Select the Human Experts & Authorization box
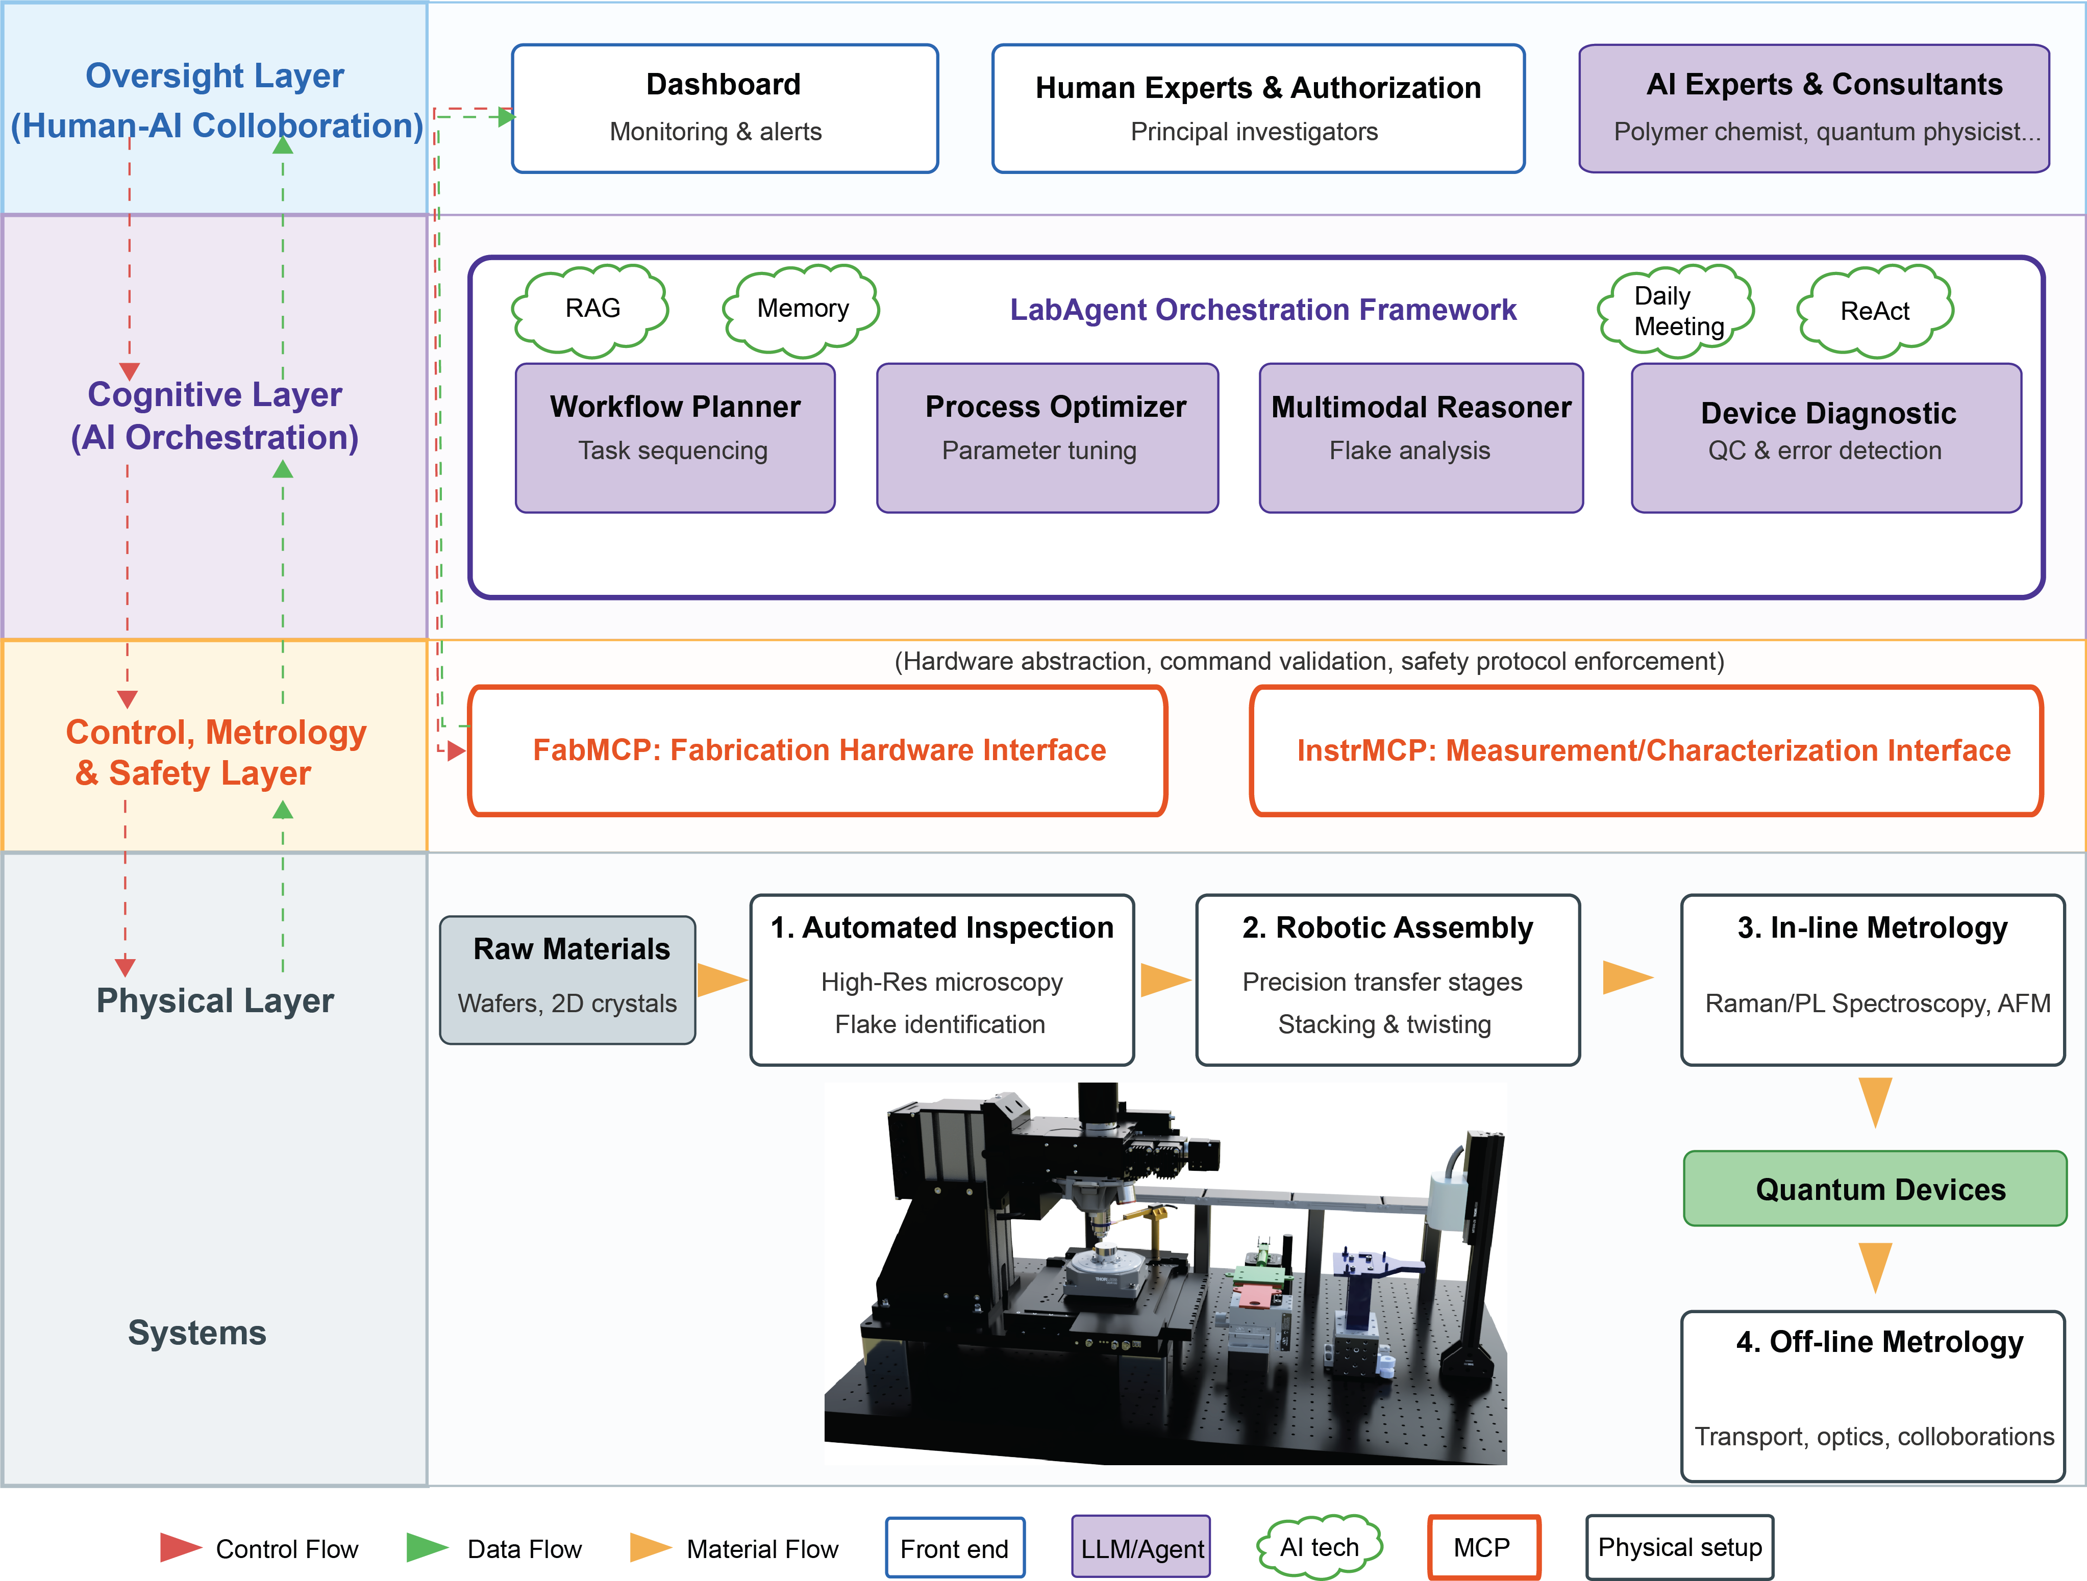[1258, 109]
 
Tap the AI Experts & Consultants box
[1813, 109]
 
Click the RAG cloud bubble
[591, 309]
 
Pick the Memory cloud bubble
[802, 309]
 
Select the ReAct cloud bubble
[1874, 311]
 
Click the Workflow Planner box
[675, 438]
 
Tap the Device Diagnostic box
[1826, 438]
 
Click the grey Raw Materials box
[568, 979]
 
